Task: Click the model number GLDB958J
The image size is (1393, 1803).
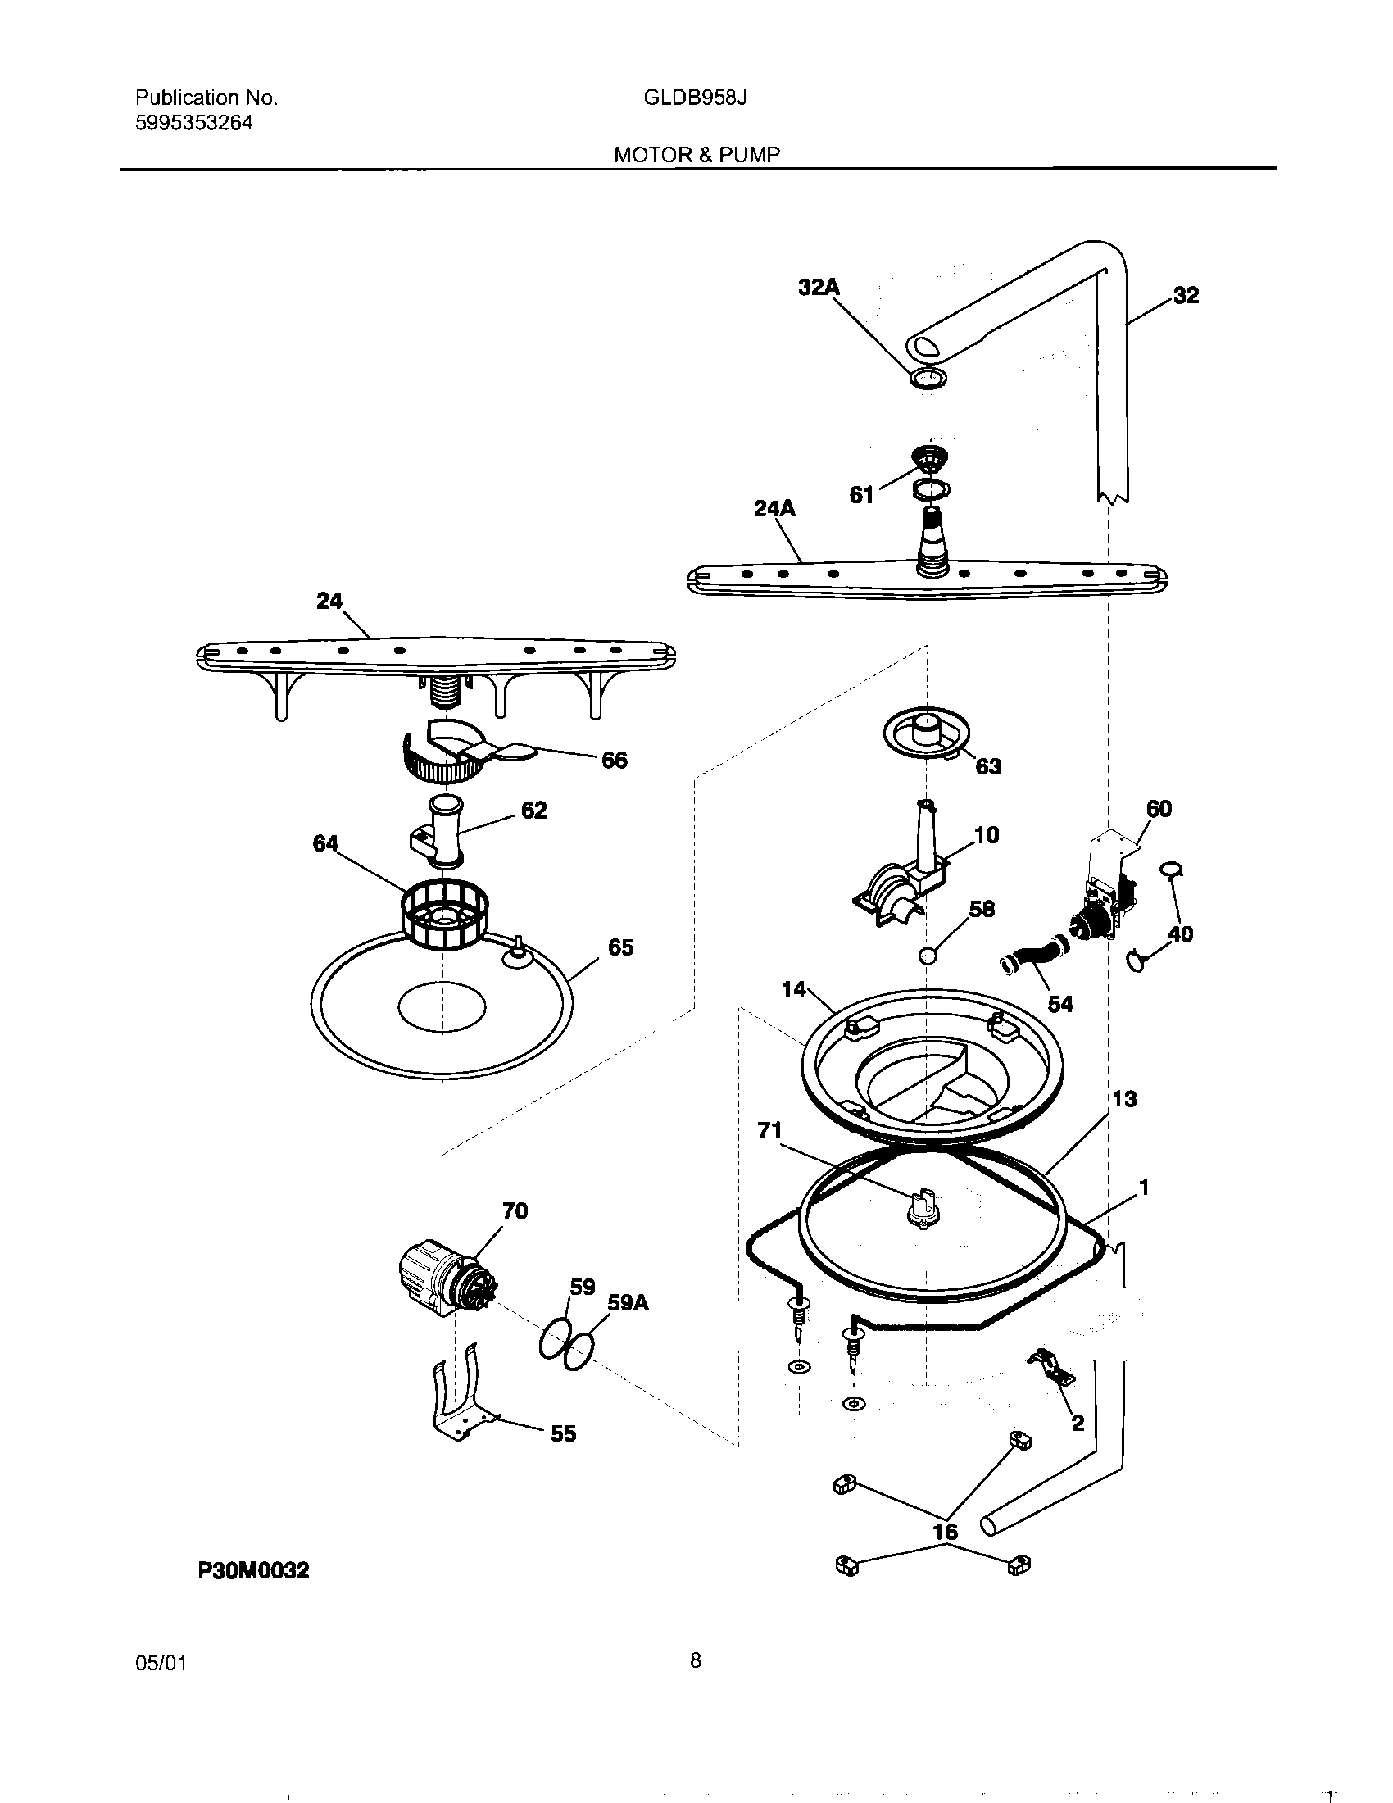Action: point(695,98)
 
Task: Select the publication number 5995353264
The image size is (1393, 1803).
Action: point(193,124)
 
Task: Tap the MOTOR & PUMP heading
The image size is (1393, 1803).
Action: point(696,154)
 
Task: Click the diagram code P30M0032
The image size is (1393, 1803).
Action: point(253,1571)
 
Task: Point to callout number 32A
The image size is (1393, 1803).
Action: point(818,288)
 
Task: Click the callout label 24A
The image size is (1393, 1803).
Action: point(774,509)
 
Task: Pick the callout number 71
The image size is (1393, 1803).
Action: point(769,1130)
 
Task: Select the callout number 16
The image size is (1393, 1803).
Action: point(945,1532)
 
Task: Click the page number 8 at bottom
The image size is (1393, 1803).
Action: point(696,1660)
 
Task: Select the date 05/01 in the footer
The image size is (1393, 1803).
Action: point(161,1662)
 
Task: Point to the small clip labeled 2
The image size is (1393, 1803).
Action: point(1050,1371)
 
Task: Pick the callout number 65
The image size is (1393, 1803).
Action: point(620,947)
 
